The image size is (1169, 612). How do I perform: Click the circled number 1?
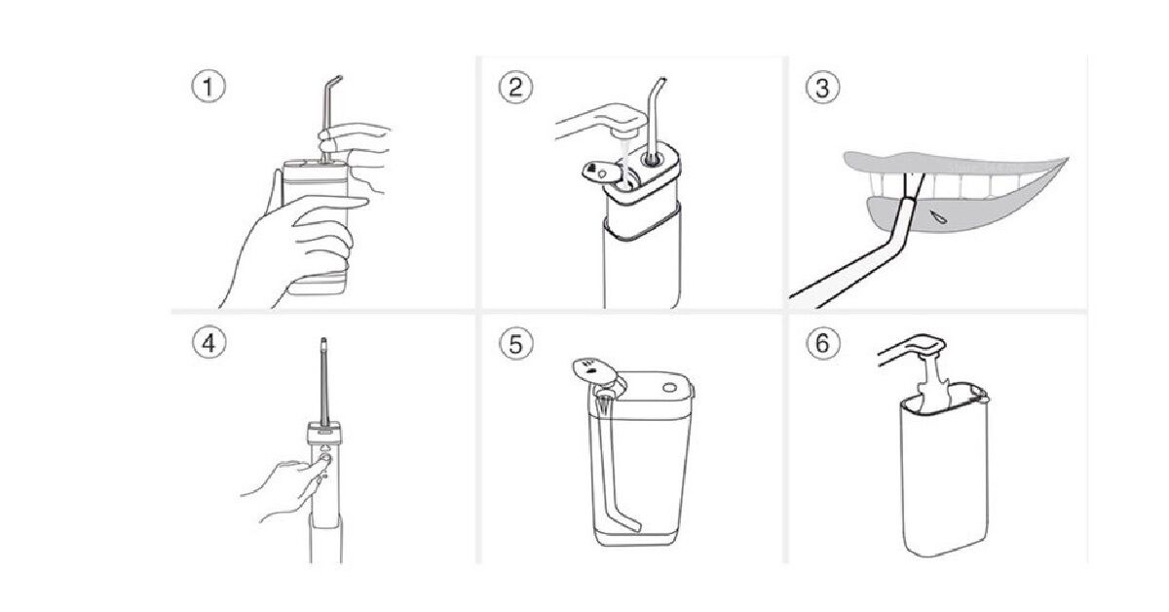click(x=207, y=87)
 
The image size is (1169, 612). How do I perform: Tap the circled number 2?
click(x=516, y=87)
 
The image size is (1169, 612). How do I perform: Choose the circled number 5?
click(x=516, y=344)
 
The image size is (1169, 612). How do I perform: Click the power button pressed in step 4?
click(x=323, y=454)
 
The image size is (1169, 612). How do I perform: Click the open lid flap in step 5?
click(x=592, y=368)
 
